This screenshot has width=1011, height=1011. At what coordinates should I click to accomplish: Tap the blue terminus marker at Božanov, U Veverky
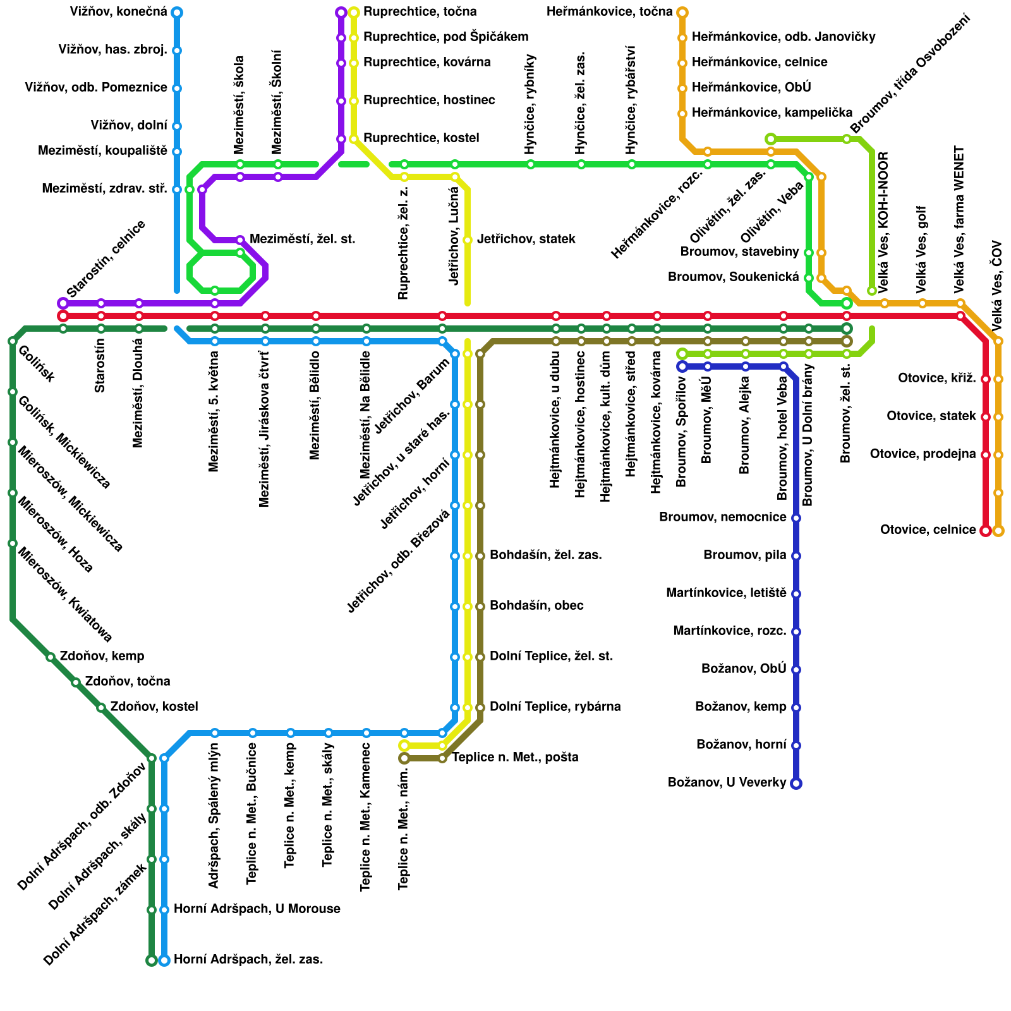click(x=796, y=784)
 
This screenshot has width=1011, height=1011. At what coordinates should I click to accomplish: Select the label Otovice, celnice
click(x=928, y=530)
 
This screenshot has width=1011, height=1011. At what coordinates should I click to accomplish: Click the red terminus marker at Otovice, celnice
click(x=986, y=531)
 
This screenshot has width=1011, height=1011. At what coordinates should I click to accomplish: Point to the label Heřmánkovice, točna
click(x=609, y=12)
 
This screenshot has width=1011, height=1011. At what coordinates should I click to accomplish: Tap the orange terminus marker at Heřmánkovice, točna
click(x=682, y=13)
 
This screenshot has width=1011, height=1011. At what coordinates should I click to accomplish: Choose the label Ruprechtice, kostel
click(x=421, y=138)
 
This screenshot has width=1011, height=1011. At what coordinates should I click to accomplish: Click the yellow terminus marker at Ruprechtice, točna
click(x=354, y=13)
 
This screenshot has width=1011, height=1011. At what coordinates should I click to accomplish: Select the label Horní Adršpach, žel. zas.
click(x=248, y=960)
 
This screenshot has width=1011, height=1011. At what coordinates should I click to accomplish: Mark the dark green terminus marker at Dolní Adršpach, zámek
click(x=152, y=960)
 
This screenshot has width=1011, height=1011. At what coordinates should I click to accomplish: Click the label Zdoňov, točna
click(x=128, y=682)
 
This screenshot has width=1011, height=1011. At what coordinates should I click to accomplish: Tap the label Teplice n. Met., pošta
click(x=515, y=758)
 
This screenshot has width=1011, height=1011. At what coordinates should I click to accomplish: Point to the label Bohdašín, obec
click(x=536, y=606)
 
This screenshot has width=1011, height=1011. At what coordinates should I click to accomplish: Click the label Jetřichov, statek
click(x=526, y=239)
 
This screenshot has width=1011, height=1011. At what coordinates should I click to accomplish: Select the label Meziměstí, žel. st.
click(x=302, y=239)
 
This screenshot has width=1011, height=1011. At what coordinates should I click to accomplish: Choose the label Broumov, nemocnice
click(x=722, y=518)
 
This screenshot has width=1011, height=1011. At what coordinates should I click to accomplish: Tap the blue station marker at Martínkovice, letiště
click(x=796, y=594)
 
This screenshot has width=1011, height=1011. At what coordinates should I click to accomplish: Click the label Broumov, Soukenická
click(x=733, y=277)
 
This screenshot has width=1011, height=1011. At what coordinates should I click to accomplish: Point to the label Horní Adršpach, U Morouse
click(x=257, y=909)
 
